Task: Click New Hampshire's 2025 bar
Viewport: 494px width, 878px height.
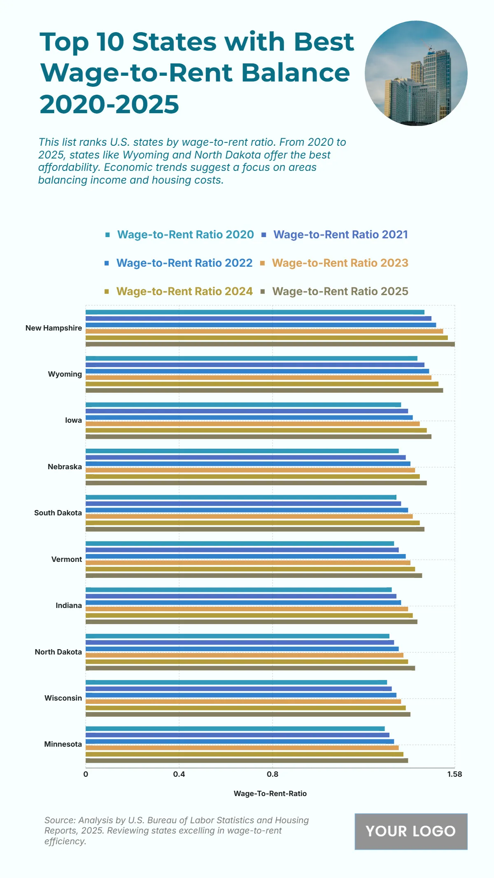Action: [270, 344]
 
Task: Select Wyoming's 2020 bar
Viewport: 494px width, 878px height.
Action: [251, 359]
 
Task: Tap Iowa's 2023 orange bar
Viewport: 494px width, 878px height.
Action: [252, 424]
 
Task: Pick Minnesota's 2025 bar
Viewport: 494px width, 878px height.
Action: [247, 761]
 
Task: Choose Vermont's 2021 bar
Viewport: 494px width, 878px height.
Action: [242, 550]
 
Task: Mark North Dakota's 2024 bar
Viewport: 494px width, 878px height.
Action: [247, 661]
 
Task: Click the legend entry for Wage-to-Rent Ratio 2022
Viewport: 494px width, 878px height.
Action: [184, 263]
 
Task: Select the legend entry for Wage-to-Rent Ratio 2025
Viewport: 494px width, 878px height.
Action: [340, 291]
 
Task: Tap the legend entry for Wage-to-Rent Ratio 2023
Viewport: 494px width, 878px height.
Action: [340, 263]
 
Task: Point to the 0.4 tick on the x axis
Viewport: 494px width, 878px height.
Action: [179, 774]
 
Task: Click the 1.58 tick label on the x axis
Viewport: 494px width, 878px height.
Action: [454, 774]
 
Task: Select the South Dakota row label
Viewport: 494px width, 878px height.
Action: [58, 513]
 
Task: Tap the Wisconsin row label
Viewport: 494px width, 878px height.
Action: [63, 698]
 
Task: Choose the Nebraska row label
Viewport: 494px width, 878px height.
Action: [65, 467]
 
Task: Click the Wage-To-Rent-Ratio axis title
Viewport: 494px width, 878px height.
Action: [270, 794]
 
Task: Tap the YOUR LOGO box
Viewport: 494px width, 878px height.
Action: [411, 831]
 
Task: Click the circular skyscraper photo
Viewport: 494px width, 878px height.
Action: [416, 73]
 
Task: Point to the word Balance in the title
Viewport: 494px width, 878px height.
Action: [295, 73]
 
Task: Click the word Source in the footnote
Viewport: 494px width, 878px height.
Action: [59, 820]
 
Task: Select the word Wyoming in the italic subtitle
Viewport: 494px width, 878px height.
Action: [146, 155]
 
